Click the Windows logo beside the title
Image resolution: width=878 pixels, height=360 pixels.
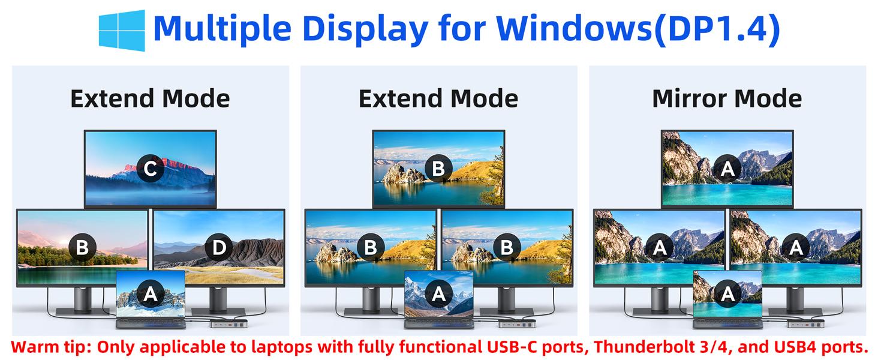click(122, 30)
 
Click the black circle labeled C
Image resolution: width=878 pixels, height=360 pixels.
click(150, 169)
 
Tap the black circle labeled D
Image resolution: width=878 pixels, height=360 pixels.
click(220, 247)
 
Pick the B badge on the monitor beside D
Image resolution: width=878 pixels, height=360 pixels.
click(82, 247)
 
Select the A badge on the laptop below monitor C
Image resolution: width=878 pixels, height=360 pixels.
click(151, 294)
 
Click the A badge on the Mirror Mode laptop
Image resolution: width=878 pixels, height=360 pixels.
click(728, 294)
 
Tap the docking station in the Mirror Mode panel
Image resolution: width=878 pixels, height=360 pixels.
click(809, 324)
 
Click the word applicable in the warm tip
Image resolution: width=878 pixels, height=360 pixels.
click(187, 347)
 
